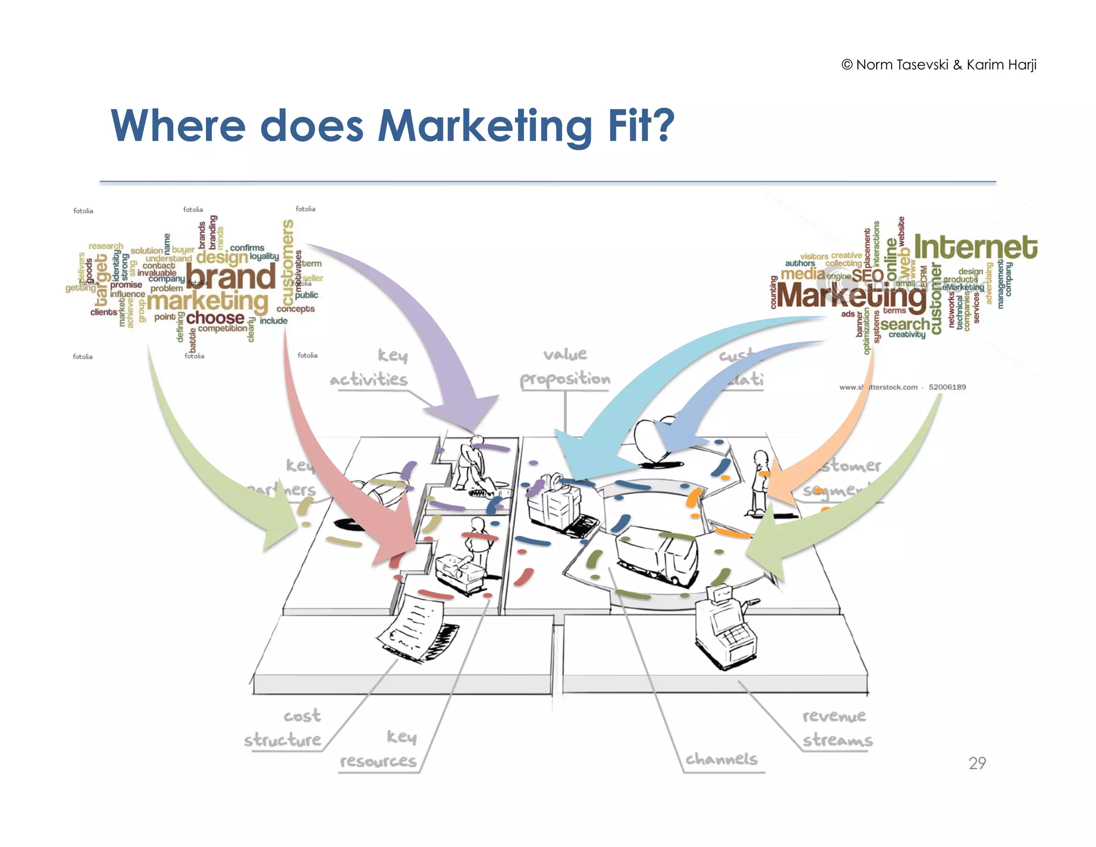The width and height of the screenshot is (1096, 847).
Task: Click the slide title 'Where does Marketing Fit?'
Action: click(392, 126)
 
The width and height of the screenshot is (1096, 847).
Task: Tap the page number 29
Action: click(977, 763)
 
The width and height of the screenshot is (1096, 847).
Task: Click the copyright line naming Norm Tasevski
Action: click(939, 65)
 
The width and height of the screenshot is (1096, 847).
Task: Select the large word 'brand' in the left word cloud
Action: click(231, 277)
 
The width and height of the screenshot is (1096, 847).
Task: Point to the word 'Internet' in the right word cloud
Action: click(976, 247)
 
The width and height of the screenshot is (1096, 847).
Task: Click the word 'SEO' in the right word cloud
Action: click(867, 275)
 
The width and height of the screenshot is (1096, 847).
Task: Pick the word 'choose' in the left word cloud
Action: click(215, 317)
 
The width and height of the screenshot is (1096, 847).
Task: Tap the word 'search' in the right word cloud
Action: click(905, 324)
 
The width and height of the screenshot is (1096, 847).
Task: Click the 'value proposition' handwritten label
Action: click(565, 367)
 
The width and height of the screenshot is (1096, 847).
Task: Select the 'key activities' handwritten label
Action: click(369, 368)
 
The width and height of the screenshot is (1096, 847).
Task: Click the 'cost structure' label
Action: click(284, 728)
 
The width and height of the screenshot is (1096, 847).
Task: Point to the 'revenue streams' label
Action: click(837, 728)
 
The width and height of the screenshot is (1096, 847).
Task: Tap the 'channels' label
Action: click(721, 759)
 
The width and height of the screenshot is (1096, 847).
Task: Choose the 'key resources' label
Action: click(379, 750)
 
